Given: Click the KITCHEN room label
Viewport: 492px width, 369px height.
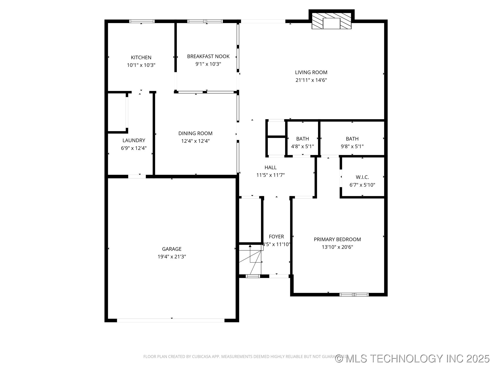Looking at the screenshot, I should click(141, 57).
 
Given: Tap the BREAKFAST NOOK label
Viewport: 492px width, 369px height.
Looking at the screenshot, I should click(208, 56).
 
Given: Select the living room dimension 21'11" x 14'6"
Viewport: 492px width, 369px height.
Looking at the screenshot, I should click(311, 80).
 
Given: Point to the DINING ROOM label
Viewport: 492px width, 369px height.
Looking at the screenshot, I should click(195, 133).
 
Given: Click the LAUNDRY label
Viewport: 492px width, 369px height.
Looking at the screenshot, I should click(134, 140).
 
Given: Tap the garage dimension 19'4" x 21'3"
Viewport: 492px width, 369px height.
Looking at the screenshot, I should click(172, 257).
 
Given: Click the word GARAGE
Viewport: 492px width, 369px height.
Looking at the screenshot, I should click(172, 249).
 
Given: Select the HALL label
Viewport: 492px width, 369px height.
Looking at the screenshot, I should click(270, 167).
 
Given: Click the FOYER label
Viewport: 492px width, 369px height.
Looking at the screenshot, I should click(276, 237).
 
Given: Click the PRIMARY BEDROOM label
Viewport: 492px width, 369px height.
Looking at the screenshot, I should click(337, 239).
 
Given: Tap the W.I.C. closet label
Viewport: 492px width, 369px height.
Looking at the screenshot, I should click(362, 177).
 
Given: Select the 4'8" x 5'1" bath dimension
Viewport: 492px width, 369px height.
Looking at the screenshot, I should click(302, 146).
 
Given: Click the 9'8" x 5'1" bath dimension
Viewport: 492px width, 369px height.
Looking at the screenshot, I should click(352, 146).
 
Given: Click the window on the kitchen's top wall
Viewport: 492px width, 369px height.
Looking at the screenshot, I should click(142, 21).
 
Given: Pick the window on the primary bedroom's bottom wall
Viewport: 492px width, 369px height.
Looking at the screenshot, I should click(354, 294).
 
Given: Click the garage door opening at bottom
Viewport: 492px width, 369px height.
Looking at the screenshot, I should click(171, 320).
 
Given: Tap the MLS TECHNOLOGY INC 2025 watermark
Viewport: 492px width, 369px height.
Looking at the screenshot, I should click(413, 358).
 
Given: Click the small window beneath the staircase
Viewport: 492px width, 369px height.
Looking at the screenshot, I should click(253, 276).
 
